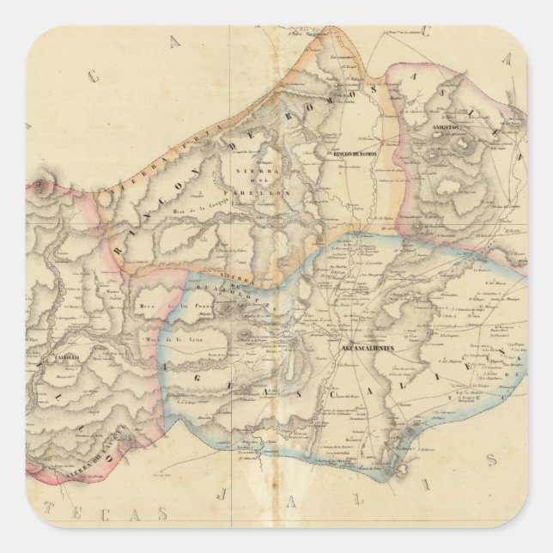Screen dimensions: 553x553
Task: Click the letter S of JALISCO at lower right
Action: click(x=492, y=462)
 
